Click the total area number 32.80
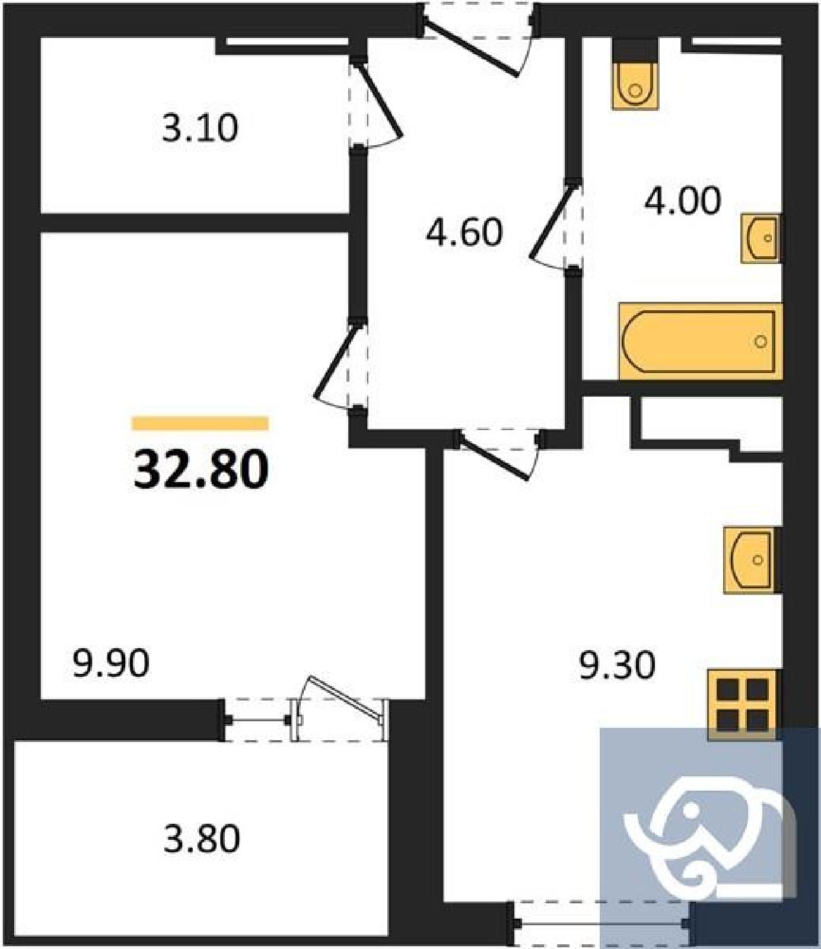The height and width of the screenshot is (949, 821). click(x=201, y=469)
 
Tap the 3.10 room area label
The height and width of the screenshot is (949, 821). click(x=200, y=128)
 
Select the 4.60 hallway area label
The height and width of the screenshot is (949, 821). click(x=464, y=232)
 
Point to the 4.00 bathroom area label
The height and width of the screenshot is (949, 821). click(x=683, y=200)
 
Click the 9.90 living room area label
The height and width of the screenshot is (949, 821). click(x=111, y=663)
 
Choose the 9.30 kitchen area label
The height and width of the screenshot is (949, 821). click(x=617, y=665)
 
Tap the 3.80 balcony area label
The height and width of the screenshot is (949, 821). click(x=202, y=839)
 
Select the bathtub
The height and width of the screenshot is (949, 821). click(x=700, y=341)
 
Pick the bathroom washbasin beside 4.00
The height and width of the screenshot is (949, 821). click(x=761, y=238)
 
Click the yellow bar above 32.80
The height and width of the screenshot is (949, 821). click(x=201, y=423)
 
